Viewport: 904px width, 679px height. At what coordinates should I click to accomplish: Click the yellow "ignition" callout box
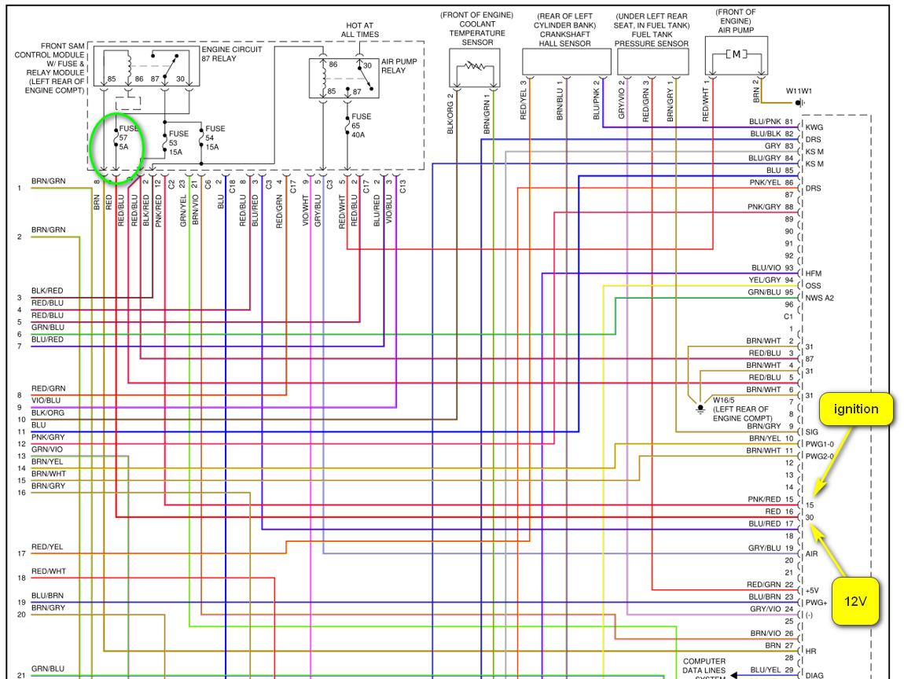tap(856, 409)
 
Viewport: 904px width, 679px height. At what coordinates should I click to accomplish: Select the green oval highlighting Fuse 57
tap(118, 149)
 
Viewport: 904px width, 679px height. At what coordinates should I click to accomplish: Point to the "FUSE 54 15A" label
tap(215, 138)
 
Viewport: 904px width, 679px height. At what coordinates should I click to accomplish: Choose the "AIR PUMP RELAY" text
tap(394, 65)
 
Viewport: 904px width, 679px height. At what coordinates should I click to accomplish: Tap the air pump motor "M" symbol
tap(736, 55)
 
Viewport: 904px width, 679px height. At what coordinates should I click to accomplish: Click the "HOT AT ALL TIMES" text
tap(360, 30)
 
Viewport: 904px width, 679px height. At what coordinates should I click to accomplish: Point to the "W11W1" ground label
tap(799, 90)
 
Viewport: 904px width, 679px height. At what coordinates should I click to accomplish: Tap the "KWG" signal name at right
tap(814, 127)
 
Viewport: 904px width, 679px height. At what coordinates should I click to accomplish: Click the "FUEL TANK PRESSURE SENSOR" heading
tap(652, 35)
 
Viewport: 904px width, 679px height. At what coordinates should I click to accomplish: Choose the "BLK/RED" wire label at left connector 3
tap(47, 291)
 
